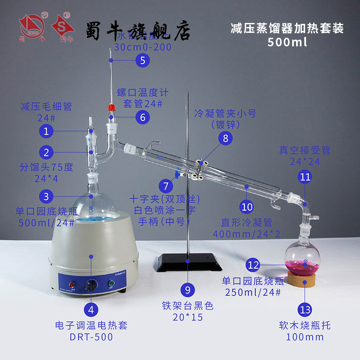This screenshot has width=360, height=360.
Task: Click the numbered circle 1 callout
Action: click(x=46, y=131)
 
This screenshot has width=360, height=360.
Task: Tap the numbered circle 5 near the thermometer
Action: click(x=143, y=60)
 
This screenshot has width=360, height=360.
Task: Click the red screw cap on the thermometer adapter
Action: click(x=110, y=108)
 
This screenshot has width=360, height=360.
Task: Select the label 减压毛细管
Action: click(x=46, y=107)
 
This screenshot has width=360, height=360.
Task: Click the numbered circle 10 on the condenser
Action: click(x=247, y=207)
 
